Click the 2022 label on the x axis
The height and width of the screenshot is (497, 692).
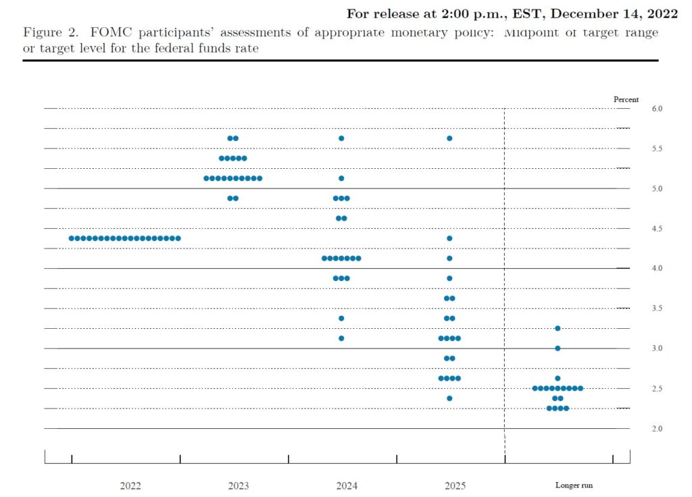point(130,486)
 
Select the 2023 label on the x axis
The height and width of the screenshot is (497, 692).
point(239,486)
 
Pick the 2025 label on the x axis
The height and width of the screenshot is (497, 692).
point(455,486)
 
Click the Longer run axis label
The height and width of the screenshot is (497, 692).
point(574,486)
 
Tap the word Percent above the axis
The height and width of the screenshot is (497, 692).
point(626,99)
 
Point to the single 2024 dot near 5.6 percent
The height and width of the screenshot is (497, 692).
point(341,138)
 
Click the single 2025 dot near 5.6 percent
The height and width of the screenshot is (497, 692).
point(449,138)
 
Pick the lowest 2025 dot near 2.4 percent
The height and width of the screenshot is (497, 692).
point(449,398)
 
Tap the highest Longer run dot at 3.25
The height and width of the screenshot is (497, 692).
point(558,328)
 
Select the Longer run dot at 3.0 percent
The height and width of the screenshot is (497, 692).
point(558,348)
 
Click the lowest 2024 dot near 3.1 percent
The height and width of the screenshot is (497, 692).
point(341,338)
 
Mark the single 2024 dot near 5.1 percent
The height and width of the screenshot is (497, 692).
point(341,178)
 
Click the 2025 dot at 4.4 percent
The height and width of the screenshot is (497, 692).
point(449,238)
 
